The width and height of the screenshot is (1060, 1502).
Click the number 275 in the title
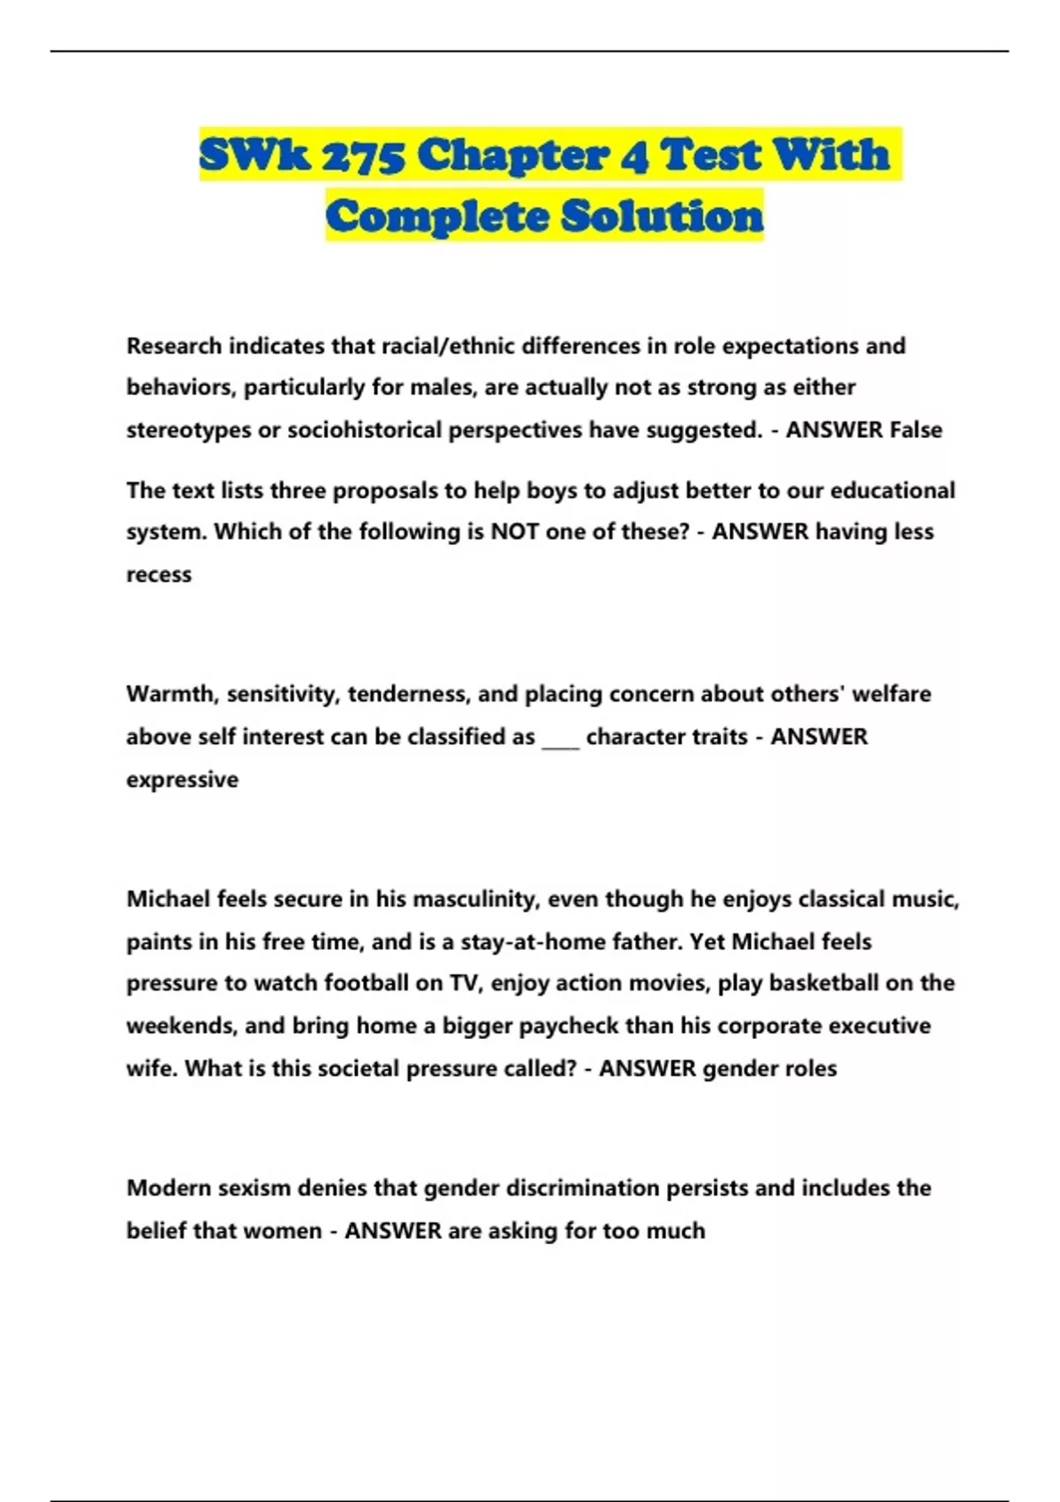[x=363, y=156]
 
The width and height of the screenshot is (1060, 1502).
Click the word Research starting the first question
[x=174, y=345]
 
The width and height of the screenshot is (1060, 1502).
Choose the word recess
[x=159, y=574]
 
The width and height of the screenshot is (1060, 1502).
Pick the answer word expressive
[x=182, y=779]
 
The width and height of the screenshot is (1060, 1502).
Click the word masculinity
[x=475, y=899]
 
